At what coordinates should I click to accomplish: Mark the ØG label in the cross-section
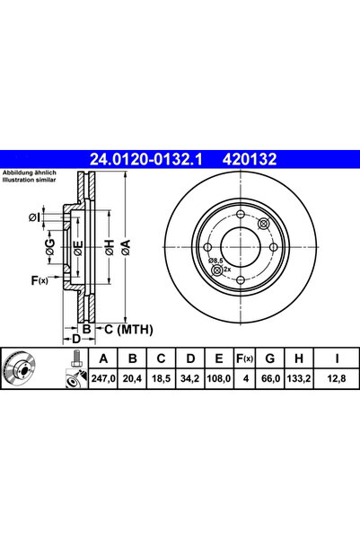point(50,250)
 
